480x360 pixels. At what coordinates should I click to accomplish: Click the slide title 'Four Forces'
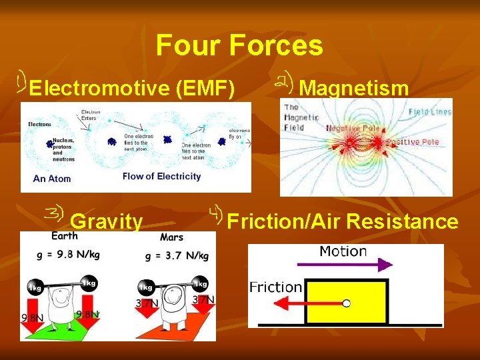point(239,46)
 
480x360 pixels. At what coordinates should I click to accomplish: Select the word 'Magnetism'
point(353,88)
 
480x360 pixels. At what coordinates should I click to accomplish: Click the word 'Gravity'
point(106,221)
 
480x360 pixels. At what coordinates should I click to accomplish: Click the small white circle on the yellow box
point(346,304)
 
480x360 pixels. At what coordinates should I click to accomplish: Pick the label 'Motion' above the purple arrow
point(343,251)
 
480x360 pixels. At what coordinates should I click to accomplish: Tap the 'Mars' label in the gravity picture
point(172,237)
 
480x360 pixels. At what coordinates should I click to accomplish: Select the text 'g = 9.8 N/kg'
point(66,254)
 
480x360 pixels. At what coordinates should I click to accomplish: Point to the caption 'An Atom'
point(51,179)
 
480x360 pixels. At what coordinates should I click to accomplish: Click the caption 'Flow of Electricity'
point(161,177)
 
